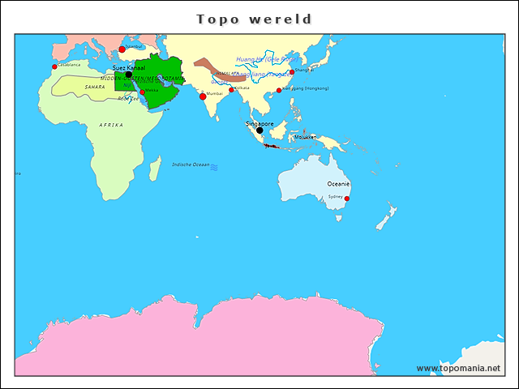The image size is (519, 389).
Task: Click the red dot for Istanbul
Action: (x=122, y=49)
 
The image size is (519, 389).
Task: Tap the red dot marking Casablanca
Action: (x=54, y=66)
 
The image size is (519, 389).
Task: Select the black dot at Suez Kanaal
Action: (x=128, y=75)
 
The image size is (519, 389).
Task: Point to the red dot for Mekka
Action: (x=143, y=92)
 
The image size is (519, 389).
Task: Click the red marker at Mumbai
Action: (x=203, y=96)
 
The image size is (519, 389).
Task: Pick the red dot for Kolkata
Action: (x=231, y=90)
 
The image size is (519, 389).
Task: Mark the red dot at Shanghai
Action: (x=292, y=72)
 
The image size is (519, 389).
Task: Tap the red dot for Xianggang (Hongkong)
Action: (x=279, y=90)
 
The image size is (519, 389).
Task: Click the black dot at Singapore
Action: (x=259, y=130)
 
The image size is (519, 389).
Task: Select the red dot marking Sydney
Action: (x=347, y=199)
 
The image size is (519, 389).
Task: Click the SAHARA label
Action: (x=95, y=86)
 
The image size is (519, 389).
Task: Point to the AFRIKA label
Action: (x=111, y=125)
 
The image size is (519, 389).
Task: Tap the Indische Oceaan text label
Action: (x=190, y=165)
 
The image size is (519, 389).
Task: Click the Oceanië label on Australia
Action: (x=337, y=184)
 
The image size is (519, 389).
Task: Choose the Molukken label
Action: (x=305, y=137)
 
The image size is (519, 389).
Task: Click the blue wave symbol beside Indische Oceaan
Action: (x=215, y=167)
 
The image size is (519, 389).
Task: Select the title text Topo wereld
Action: (x=255, y=19)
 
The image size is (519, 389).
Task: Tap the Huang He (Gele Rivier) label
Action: (x=263, y=59)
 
